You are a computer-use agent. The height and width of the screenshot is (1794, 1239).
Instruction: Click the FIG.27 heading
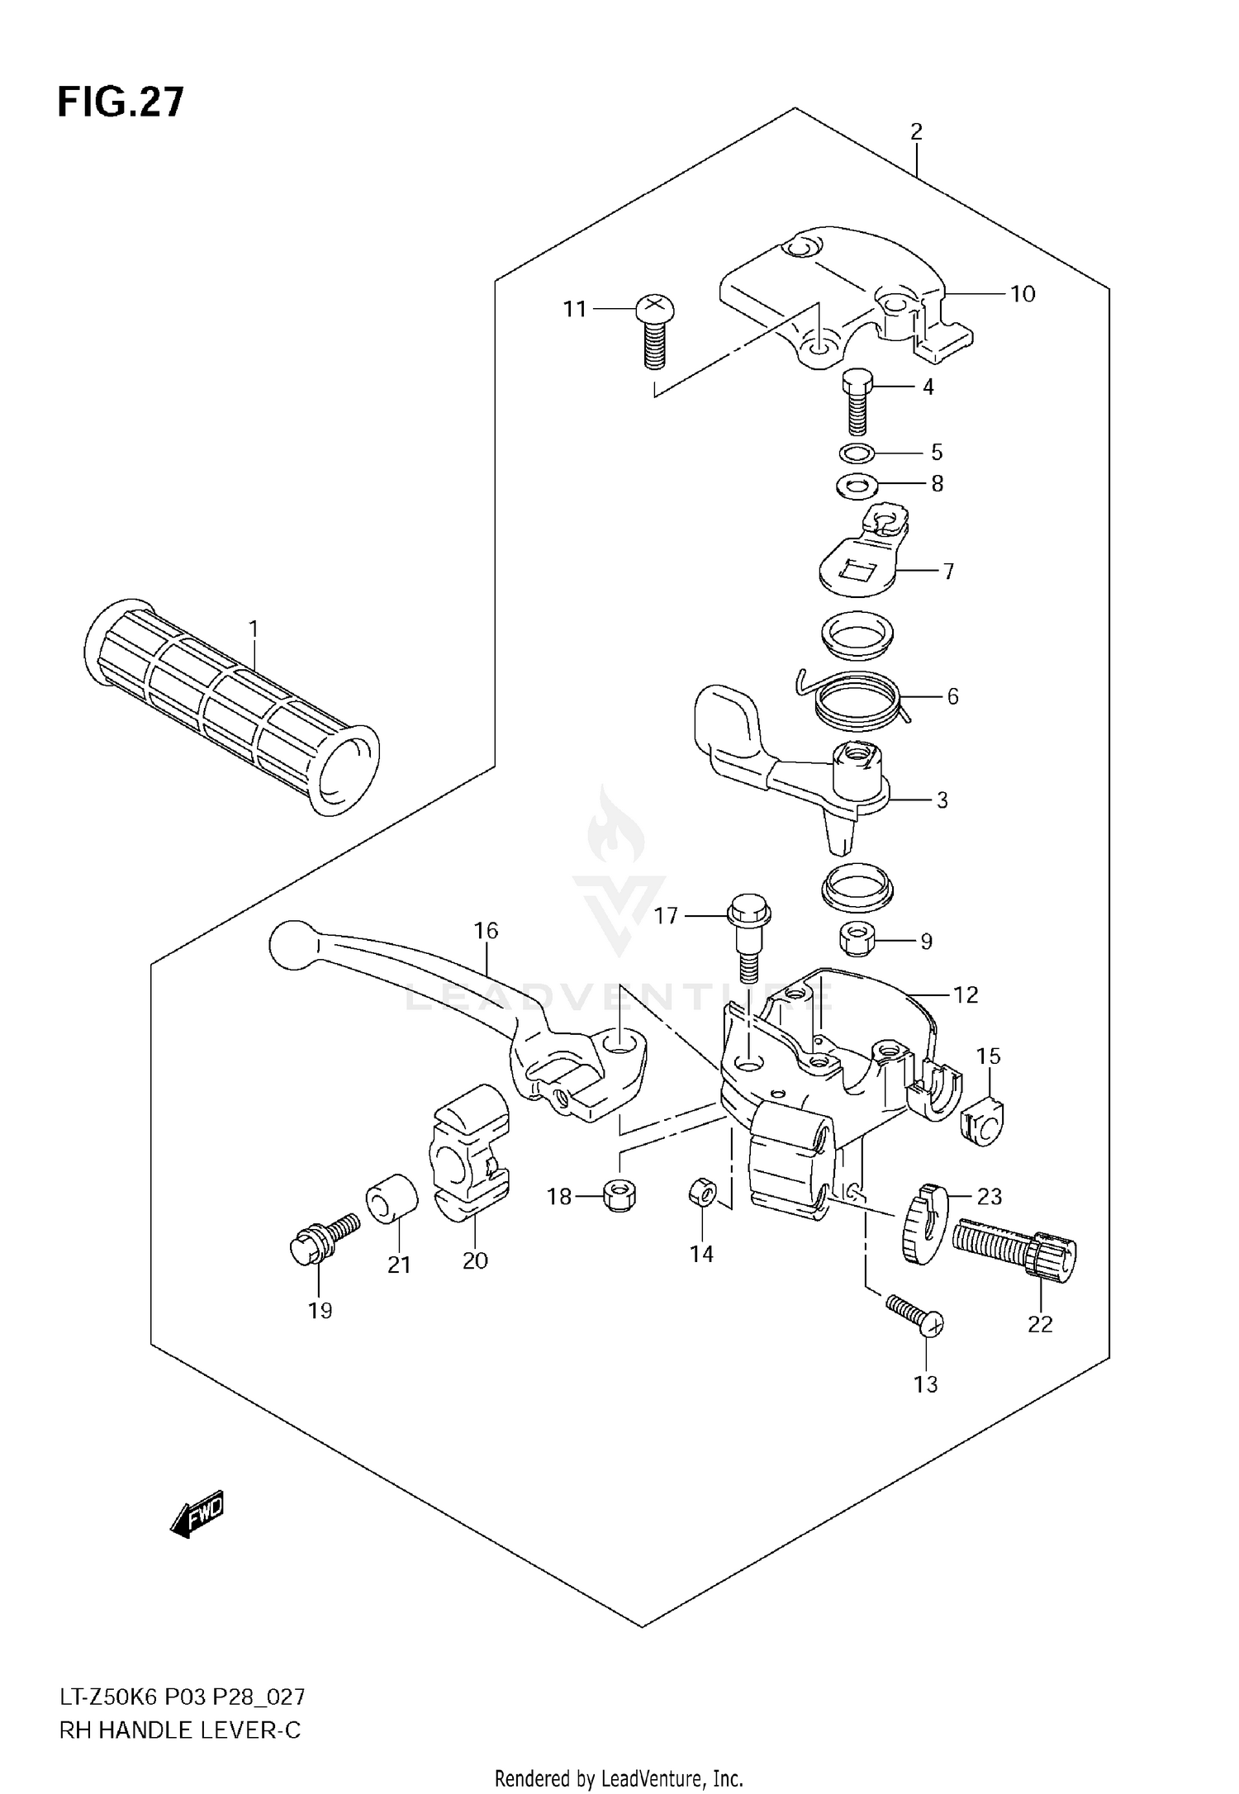pyautogui.click(x=121, y=102)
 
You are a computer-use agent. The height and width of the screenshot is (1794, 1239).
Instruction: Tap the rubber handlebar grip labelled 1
pyautogui.click(x=231, y=706)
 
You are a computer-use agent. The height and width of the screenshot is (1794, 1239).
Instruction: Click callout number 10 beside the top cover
pyautogui.click(x=1022, y=294)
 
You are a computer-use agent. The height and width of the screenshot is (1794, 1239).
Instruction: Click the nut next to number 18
pyautogui.click(x=619, y=1195)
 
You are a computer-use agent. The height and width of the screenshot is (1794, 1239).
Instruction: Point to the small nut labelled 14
pyautogui.click(x=701, y=1194)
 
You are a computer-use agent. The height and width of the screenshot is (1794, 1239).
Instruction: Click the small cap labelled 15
pyautogui.click(x=983, y=1121)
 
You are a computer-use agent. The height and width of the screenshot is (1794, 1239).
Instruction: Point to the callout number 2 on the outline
pyautogui.click(x=916, y=131)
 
